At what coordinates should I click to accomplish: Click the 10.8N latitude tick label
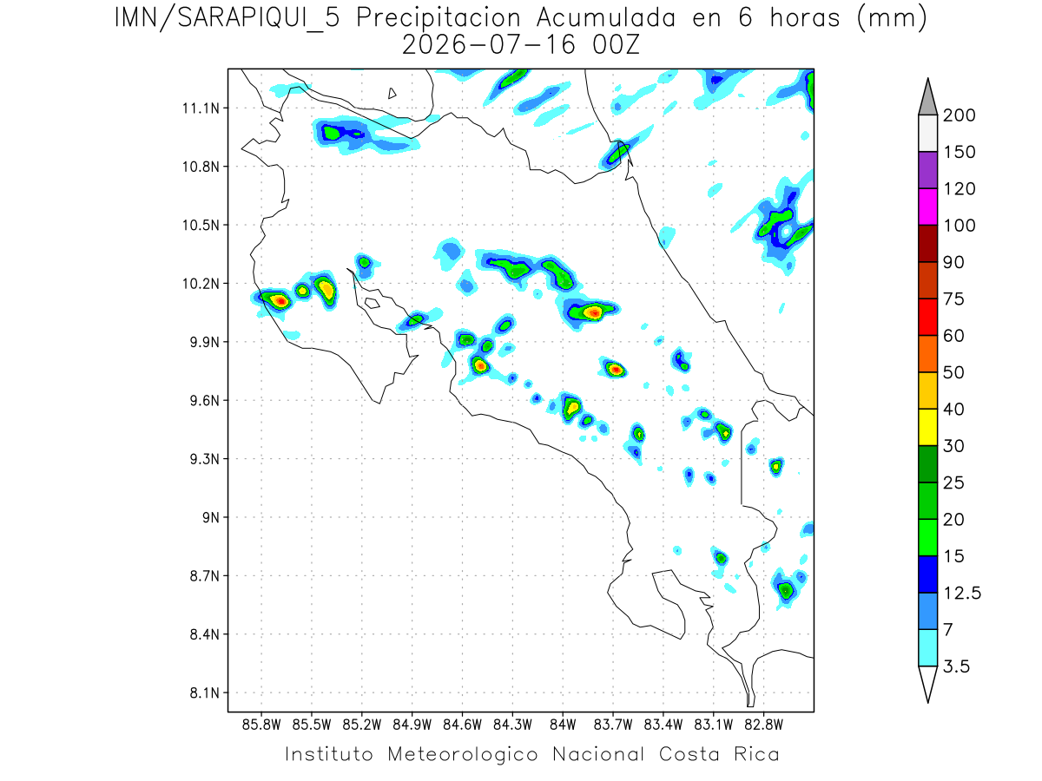click(201, 167)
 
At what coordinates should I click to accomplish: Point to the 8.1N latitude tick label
click(205, 692)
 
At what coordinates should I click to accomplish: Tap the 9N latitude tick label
click(211, 517)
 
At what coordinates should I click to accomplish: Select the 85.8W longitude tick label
click(261, 725)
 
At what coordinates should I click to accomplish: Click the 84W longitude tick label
click(563, 725)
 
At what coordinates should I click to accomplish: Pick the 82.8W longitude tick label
click(763, 725)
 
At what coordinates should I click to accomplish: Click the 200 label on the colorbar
click(959, 115)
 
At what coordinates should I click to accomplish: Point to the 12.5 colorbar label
click(962, 594)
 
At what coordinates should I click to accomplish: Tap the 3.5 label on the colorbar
click(956, 666)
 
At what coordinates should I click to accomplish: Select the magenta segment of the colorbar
click(927, 207)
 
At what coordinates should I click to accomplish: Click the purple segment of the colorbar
click(927, 170)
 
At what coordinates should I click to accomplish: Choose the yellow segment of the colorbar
click(927, 427)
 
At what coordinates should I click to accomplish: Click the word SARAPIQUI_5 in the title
click(259, 18)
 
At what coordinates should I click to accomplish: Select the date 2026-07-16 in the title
click(489, 45)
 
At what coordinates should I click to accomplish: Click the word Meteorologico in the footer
click(463, 755)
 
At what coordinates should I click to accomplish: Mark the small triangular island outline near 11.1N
click(392, 94)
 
